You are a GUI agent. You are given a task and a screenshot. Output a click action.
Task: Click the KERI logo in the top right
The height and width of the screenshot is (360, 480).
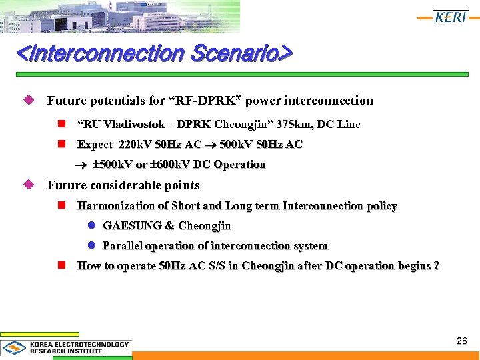click(x=451, y=17)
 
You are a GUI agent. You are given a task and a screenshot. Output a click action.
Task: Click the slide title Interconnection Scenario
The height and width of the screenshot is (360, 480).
click(x=154, y=53)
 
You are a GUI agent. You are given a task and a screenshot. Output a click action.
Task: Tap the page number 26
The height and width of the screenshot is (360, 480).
click(x=461, y=341)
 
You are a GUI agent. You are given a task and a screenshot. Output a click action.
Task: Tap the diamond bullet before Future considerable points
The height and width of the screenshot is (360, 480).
click(x=28, y=185)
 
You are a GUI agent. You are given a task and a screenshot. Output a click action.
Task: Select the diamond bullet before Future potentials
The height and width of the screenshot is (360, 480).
click(x=28, y=100)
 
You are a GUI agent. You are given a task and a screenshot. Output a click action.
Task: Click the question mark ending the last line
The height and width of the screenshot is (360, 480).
click(x=436, y=266)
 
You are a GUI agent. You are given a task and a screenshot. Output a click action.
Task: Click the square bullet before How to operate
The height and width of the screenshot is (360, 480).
click(x=62, y=265)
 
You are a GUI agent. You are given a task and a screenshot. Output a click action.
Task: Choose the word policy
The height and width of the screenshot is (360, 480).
click(x=381, y=206)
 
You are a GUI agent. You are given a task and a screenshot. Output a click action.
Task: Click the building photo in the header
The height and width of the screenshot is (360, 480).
click(x=120, y=17)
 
